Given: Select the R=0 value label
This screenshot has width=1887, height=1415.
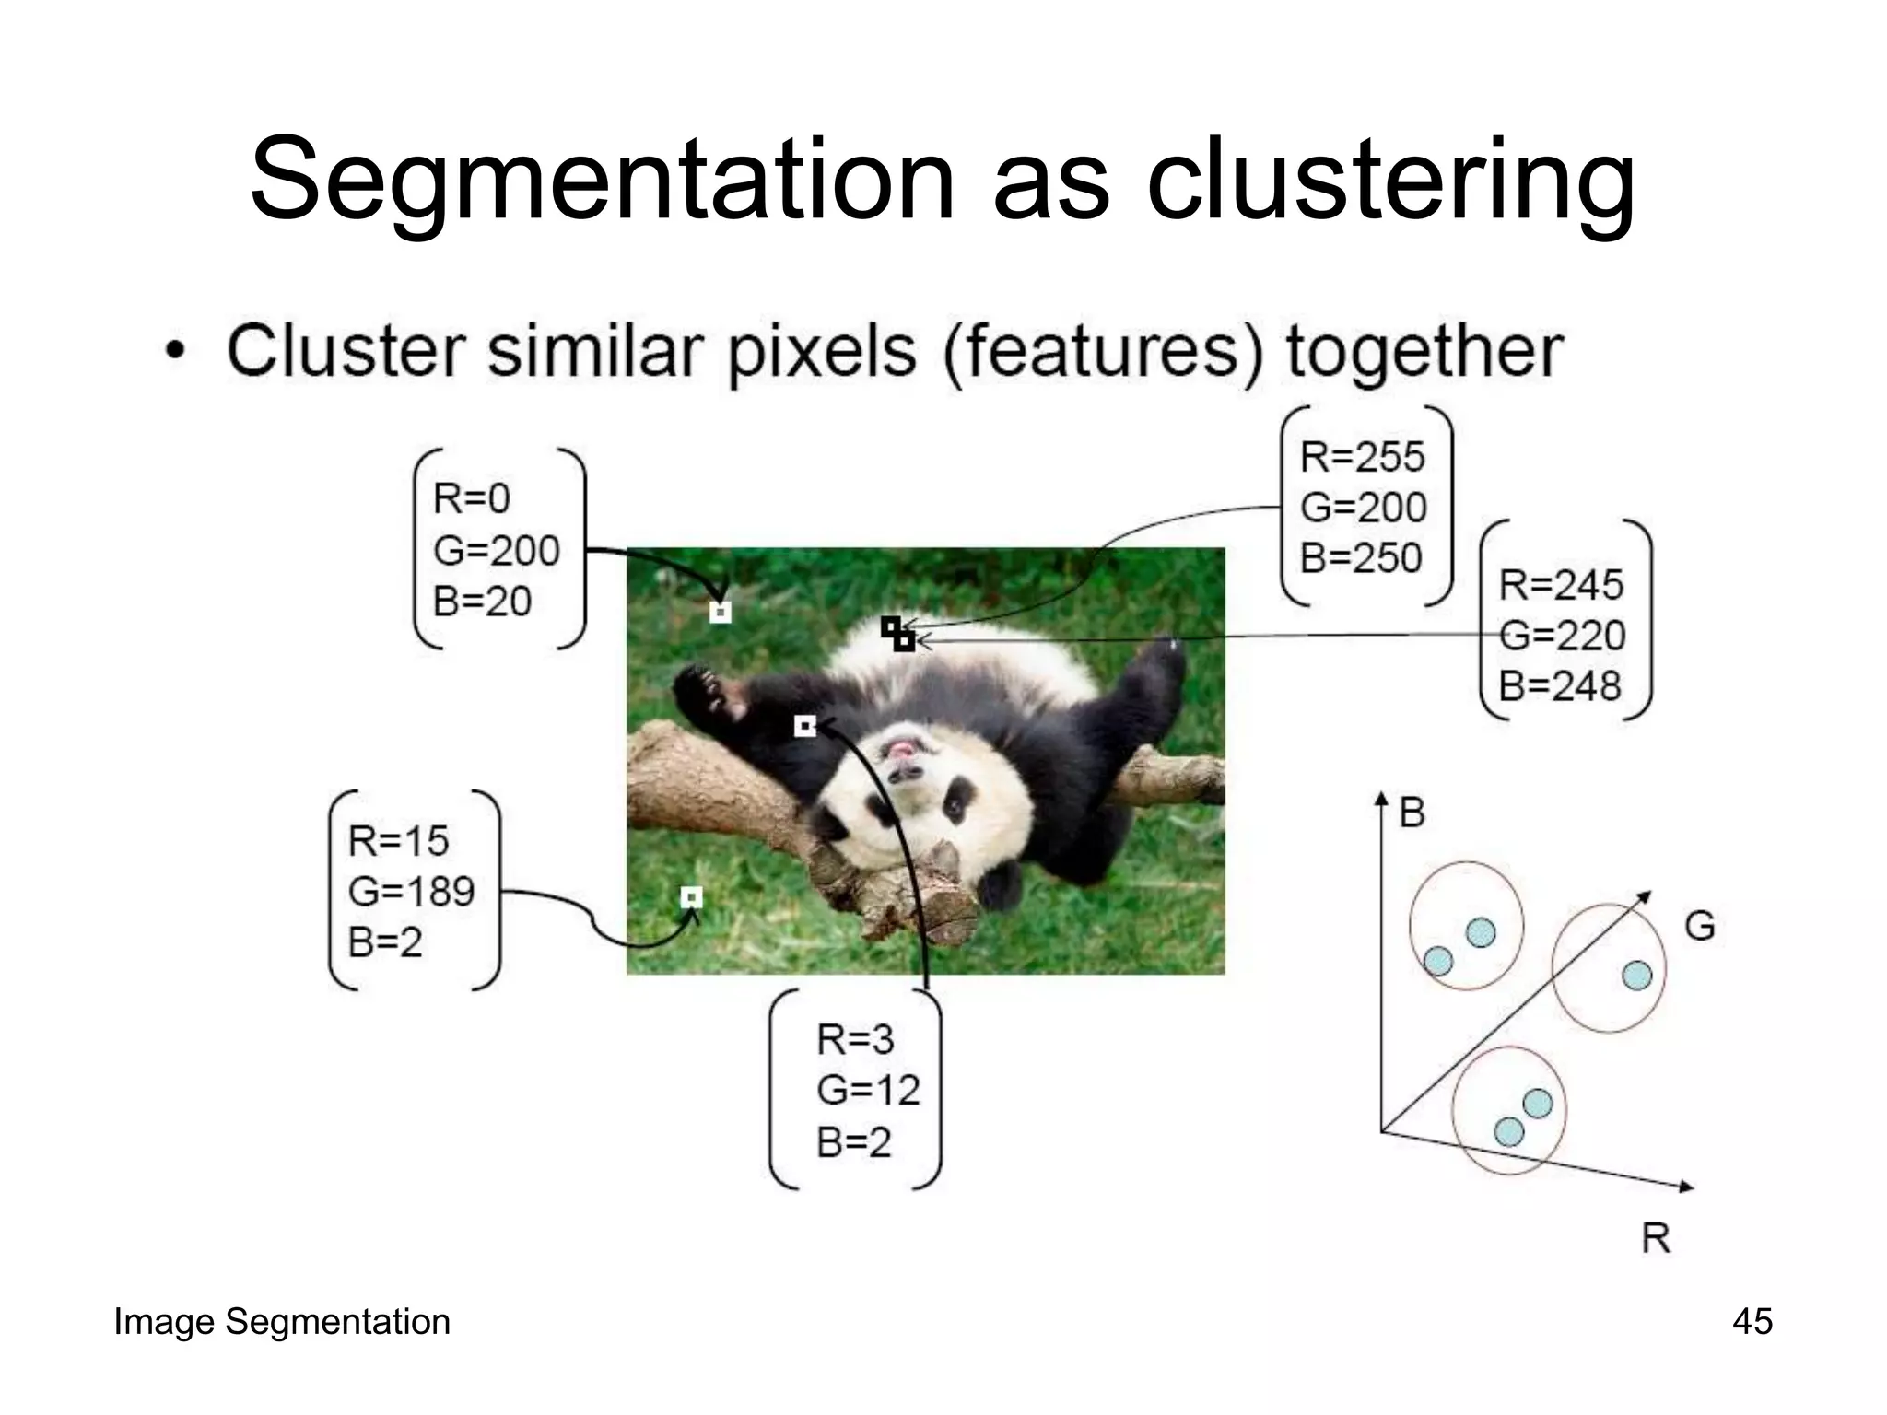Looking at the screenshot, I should [471, 499].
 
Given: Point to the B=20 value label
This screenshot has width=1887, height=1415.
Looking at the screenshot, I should [482, 602].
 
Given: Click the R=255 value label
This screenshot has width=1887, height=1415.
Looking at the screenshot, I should [1362, 457].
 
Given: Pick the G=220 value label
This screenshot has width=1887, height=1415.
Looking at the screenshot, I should [1562, 636].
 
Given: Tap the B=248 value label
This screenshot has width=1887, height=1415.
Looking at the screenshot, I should [1560, 686].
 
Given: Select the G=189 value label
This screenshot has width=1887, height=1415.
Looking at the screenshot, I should [411, 891].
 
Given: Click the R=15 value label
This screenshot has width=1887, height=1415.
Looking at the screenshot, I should [398, 840].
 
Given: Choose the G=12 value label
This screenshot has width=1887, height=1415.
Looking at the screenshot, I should [868, 1091].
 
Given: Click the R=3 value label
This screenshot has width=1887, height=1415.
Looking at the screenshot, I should [855, 1040].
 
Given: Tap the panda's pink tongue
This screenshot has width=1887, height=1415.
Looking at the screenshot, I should [901, 749].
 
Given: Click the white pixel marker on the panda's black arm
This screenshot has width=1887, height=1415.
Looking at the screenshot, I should [804, 727].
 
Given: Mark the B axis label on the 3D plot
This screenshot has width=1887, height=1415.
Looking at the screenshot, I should [1412, 813].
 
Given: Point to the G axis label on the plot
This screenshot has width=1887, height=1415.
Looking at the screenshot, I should [1700, 926].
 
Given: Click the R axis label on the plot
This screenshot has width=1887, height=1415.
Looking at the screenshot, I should [1656, 1237].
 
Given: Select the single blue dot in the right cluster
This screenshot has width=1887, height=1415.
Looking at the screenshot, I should [1636, 975].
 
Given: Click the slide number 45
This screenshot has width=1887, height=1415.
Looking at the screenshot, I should [1752, 1322].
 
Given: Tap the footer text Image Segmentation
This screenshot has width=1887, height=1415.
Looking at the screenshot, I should [282, 1322].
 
